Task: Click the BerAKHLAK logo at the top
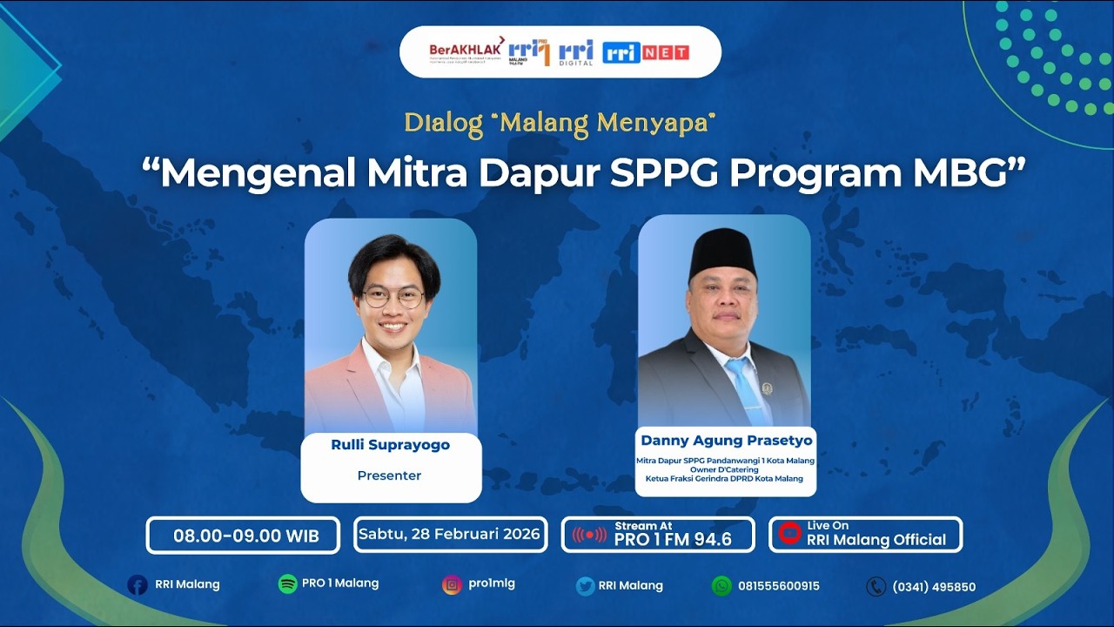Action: click(466, 51)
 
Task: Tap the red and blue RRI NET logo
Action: click(645, 52)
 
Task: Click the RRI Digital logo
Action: click(575, 52)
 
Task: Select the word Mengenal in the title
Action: click(258, 173)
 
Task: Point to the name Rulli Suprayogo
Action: click(391, 445)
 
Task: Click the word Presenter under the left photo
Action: click(389, 475)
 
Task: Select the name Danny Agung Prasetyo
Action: click(726, 441)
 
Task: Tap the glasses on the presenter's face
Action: click(393, 297)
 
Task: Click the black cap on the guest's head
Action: click(722, 253)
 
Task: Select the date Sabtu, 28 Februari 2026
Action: click(450, 534)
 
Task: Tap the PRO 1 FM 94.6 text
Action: click(672, 539)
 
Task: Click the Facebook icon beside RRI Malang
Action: click(137, 585)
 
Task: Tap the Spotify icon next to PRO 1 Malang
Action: click(287, 584)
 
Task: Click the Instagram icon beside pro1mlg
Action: click(451, 585)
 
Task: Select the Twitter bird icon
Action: click(585, 586)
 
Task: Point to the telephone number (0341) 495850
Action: click(933, 587)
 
